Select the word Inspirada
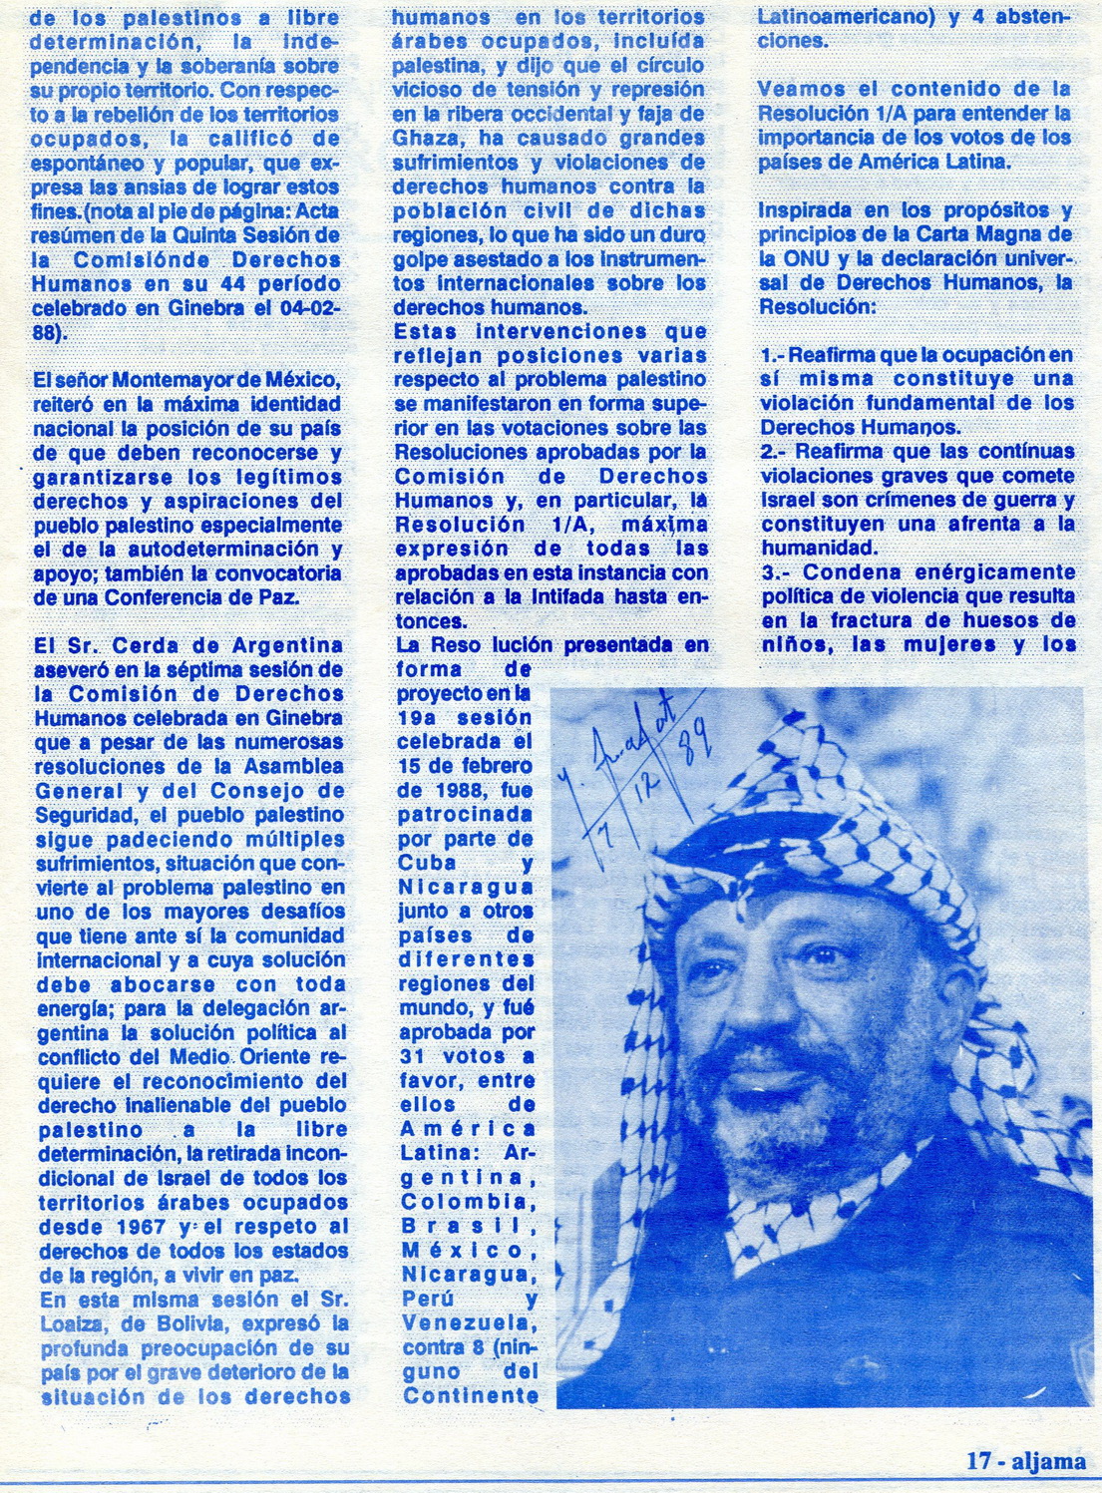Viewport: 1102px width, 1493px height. [805, 210]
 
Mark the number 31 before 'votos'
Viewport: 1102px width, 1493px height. [411, 1056]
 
